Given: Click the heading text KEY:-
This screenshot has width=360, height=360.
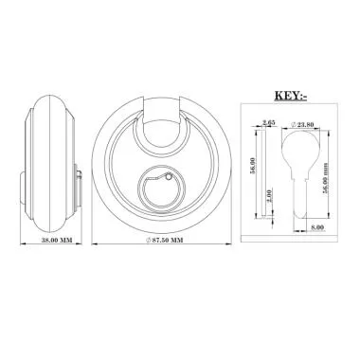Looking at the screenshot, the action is click(291, 96).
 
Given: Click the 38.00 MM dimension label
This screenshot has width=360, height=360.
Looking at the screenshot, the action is click(57, 240).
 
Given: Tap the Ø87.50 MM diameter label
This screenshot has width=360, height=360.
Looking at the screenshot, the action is click(164, 240).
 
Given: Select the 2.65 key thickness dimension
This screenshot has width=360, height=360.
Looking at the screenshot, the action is click(267, 123).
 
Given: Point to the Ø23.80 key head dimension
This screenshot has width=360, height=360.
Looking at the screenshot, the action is click(302, 124).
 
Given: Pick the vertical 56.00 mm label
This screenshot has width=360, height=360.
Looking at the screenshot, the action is click(325, 178).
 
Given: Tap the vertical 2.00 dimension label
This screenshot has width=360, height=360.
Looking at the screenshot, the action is click(269, 197).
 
